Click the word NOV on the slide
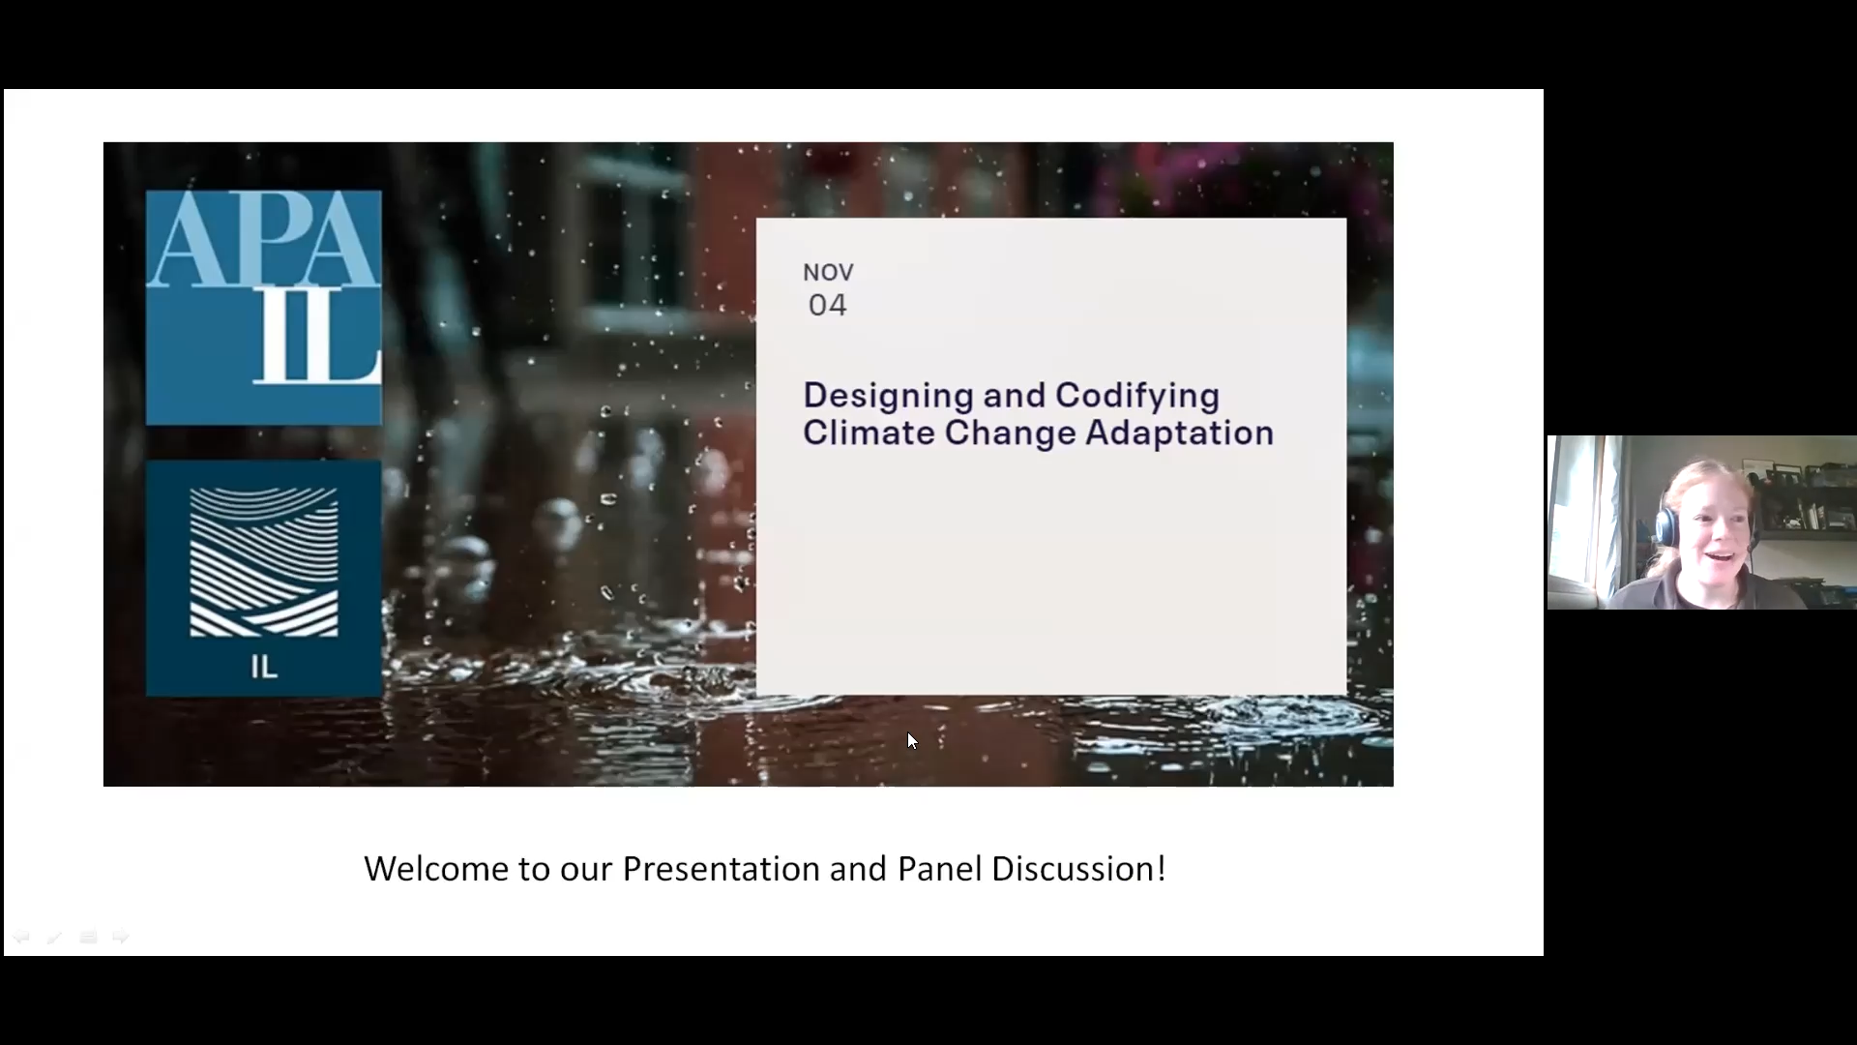pos(828,273)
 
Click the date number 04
pos(828,306)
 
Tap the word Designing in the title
pos(888,396)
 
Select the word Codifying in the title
pos(1136,396)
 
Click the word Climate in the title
pos(869,433)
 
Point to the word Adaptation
pos(1179,433)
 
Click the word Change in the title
pos(1010,433)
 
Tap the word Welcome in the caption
pos(436,869)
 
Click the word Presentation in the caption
pos(721,869)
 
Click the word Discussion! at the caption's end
pos(1078,869)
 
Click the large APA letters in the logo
pos(263,239)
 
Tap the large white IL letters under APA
pos(315,339)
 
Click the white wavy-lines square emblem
pos(263,562)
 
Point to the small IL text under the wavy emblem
pos(263,668)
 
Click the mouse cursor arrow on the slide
pos(911,740)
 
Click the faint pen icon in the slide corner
pos(54,937)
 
